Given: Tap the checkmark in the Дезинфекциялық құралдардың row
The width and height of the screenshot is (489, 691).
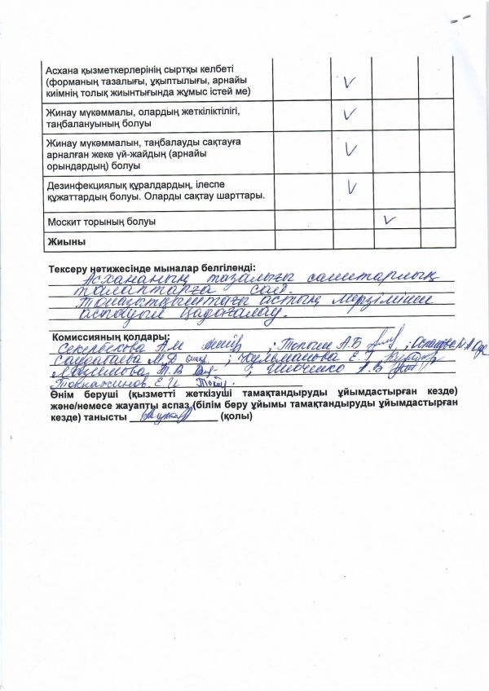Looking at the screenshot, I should [352, 187].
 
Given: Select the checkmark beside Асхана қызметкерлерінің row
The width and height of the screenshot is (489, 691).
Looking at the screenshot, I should [351, 82].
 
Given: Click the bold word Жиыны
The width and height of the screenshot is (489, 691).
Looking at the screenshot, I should [67, 241].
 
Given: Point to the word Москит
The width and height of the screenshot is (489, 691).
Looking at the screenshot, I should [63, 221].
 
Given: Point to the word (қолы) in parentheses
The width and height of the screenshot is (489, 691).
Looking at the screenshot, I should [236, 416].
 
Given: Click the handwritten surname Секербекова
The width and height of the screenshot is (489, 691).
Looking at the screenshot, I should [93, 348].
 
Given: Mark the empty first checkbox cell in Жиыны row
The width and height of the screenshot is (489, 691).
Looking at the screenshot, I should [302, 241].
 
